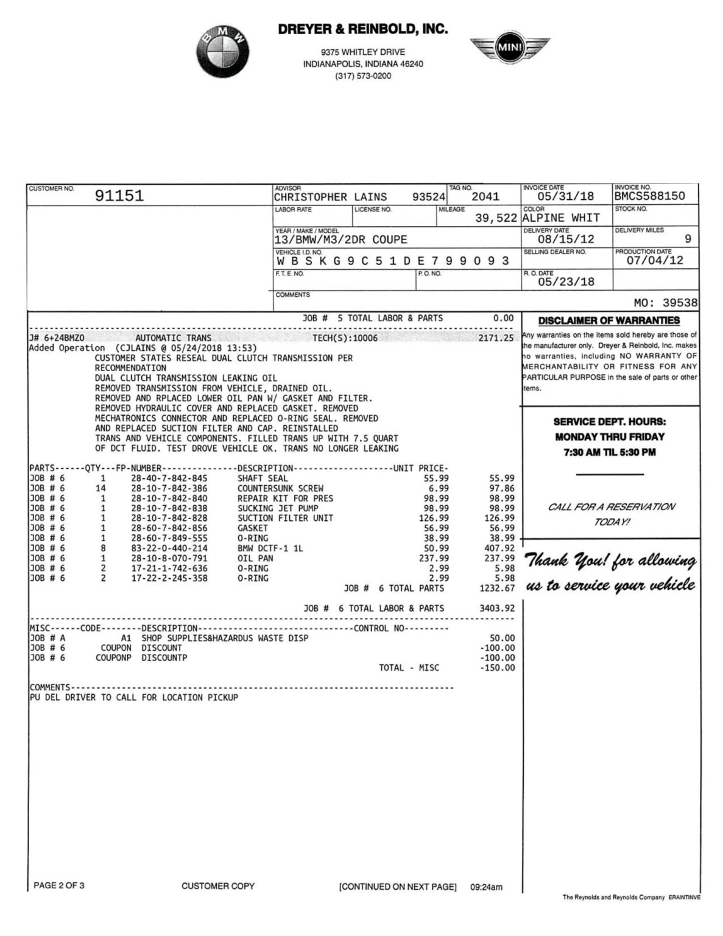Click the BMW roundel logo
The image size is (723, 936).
(222, 52)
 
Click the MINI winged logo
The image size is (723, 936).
(509, 48)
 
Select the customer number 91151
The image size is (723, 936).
(119, 196)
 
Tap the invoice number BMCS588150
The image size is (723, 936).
(649, 196)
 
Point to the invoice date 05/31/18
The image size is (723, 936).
(565, 196)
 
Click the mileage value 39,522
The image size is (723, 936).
(496, 218)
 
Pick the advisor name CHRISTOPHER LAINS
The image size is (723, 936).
(330, 197)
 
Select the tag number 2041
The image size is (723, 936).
(485, 197)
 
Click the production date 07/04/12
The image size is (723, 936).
(655, 261)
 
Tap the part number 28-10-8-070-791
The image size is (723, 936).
(169, 558)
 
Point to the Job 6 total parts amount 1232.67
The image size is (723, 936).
(497, 589)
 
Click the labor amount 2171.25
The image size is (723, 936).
(496, 338)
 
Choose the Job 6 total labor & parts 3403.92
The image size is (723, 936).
(497, 609)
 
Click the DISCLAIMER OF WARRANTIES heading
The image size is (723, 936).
(608, 321)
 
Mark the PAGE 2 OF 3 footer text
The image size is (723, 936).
(59, 885)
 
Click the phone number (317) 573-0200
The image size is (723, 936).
(363, 76)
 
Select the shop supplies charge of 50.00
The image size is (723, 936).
(503, 638)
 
